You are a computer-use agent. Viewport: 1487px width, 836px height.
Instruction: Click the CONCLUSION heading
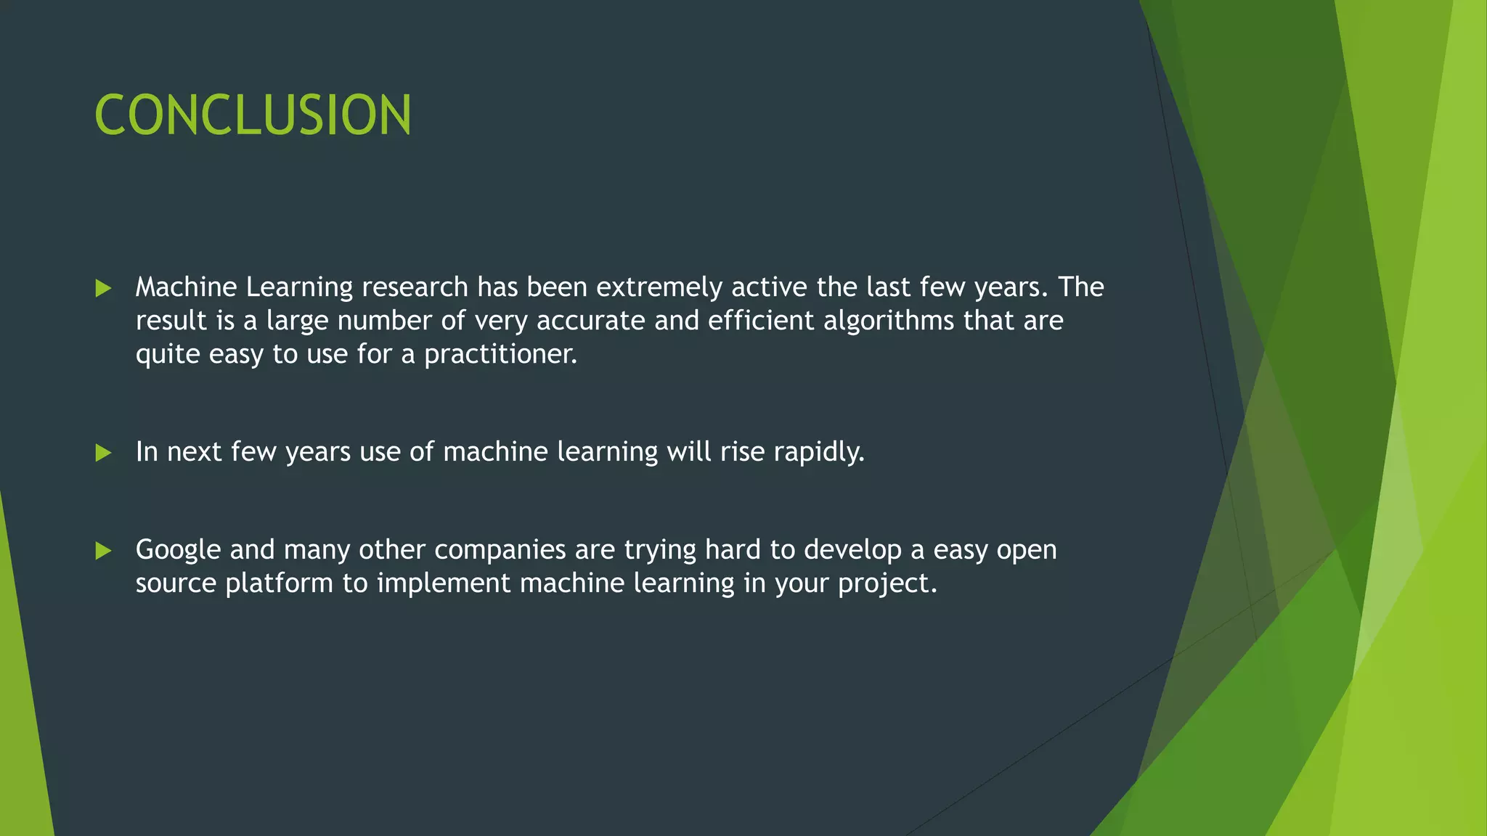253,115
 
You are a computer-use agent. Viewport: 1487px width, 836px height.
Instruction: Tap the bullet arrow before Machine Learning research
104,288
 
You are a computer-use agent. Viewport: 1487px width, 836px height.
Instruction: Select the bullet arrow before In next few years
104,453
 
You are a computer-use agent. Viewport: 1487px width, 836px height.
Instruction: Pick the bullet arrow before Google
104,551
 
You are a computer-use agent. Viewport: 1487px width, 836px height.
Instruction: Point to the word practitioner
500,355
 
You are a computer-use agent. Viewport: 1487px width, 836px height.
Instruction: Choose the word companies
500,550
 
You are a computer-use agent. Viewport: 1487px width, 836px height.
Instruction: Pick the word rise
742,452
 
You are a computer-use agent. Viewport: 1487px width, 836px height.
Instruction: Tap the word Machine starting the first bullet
186,287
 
